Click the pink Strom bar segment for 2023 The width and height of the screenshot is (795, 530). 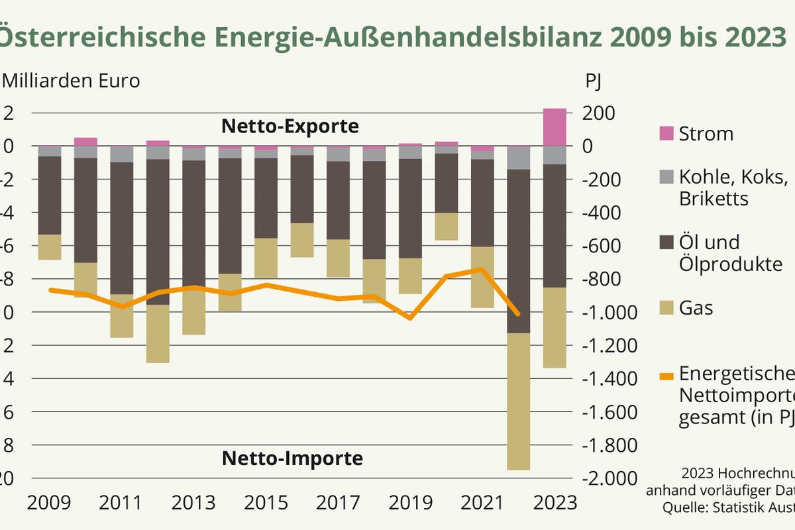pos(555,127)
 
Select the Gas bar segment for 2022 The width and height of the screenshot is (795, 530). pos(519,401)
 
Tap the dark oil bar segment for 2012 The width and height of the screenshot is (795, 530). pos(158,232)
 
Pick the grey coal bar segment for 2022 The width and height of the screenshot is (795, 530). pos(519,158)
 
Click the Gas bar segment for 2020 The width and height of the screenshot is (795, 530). pos(447,227)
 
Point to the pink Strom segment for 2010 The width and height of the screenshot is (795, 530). pos(85,142)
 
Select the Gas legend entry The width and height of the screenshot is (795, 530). pos(696,307)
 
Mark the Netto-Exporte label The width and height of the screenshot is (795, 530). pos(290,126)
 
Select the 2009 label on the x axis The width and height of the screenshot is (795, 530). pos(48,502)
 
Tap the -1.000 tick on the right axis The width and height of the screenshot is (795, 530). pos(609,312)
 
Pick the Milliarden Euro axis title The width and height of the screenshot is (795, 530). pos(72,81)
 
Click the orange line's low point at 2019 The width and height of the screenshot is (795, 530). pos(410,319)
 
